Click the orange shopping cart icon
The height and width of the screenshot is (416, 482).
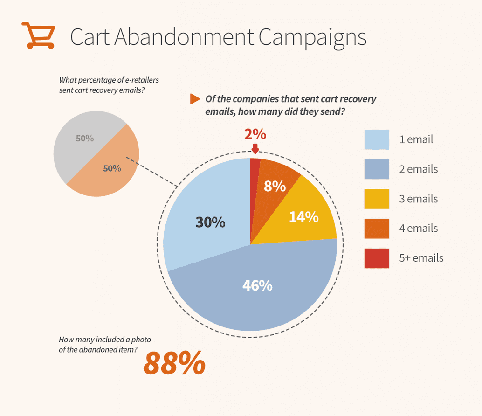(x=38, y=35)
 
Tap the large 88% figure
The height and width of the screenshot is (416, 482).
(x=174, y=363)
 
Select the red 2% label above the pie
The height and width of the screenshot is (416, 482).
(x=255, y=134)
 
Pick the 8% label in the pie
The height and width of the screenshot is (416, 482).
(x=275, y=186)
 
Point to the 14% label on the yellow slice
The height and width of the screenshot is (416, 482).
(x=303, y=216)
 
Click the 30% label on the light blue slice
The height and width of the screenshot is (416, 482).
(x=210, y=222)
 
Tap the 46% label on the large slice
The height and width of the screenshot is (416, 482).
(x=257, y=285)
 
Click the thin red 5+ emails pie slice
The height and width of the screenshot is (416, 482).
(x=255, y=177)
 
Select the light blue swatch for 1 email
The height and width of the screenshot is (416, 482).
(x=377, y=139)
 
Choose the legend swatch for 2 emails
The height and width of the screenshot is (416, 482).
(x=377, y=169)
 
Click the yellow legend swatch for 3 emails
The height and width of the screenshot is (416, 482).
(x=377, y=199)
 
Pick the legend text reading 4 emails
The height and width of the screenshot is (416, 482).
(x=418, y=228)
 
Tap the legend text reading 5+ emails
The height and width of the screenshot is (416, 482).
(x=421, y=258)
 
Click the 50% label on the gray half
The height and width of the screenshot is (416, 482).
(x=85, y=139)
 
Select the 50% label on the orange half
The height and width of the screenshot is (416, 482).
(x=112, y=168)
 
